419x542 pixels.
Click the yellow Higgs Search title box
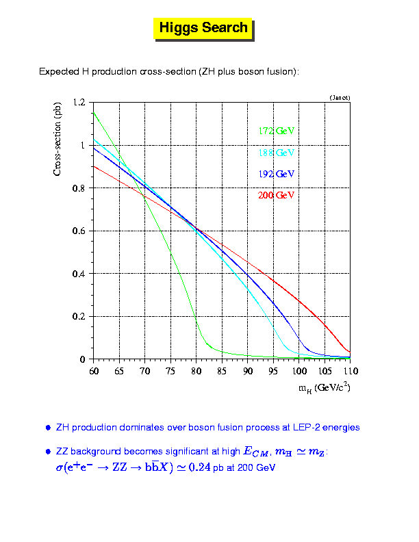(203, 28)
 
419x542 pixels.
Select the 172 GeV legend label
(276, 130)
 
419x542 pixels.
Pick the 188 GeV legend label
(276, 152)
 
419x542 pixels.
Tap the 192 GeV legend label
(276, 174)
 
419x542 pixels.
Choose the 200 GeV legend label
(276, 196)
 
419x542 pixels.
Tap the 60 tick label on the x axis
(92, 370)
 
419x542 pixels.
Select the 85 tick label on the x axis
(221, 370)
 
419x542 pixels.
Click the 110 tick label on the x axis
(350, 370)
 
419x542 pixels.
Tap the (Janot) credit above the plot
(340, 98)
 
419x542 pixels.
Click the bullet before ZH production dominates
(48, 428)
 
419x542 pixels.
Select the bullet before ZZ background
(48, 452)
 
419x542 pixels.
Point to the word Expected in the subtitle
(59, 71)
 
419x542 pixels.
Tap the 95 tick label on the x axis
(272, 370)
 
